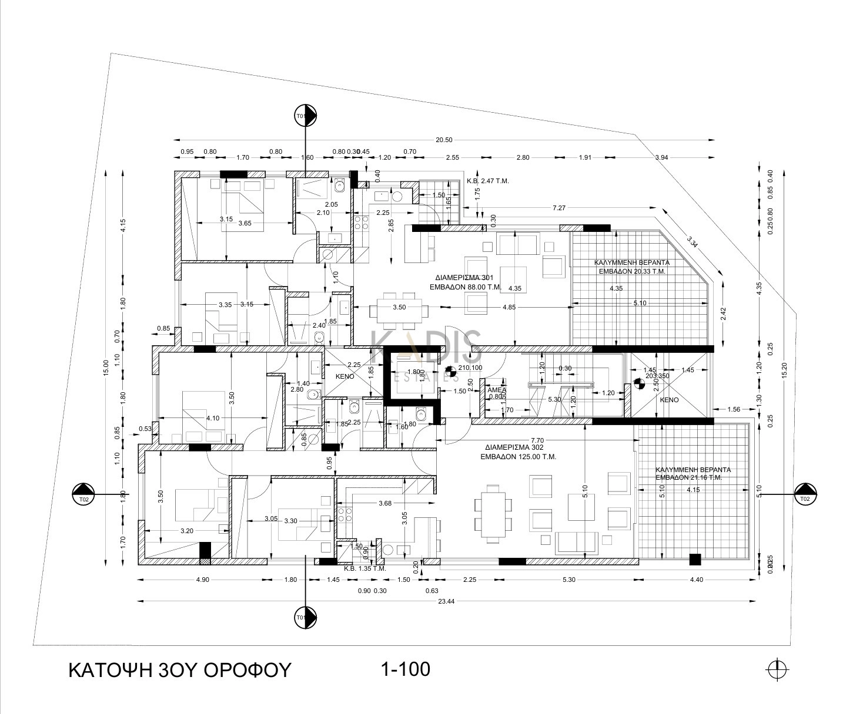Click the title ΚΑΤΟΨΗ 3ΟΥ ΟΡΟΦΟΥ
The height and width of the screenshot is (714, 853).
pyautogui.click(x=180, y=670)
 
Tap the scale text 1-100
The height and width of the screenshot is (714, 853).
pyautogui.click(x=405, y=669)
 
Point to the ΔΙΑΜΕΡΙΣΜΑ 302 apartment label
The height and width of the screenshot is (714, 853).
pyautogui.click(x=510, y=447)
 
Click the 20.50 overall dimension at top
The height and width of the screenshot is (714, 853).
pyautogui.click(x=444, y=140)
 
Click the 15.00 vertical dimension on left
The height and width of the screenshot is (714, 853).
pyautogui.click(x=106, y=368)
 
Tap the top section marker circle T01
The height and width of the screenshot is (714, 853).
pyautogui.click(x=306, y=116)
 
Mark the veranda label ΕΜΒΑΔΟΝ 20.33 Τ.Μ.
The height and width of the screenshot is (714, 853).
pyautogui.click(x=632, y=271)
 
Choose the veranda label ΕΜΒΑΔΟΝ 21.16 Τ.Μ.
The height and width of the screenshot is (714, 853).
pyautogui.click(x=689, y=477)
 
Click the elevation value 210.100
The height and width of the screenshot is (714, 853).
pyautogui.click(x=470, y=368)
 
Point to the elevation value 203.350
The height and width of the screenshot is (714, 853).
pyautogui.click(x=657, y=376)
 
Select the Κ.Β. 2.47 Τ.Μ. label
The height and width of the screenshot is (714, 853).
pyautogui.click(x=487, y=181)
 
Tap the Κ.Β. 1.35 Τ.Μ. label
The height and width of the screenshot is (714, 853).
pyautogui.click(x=364, y=568)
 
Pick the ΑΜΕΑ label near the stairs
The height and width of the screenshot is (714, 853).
pyautogui.click(x=497, y=389)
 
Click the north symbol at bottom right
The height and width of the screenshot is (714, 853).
pyautogui.click(x=777, y=669)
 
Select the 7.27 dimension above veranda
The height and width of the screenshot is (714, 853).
pyautogui.click(x=558, y=208)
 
